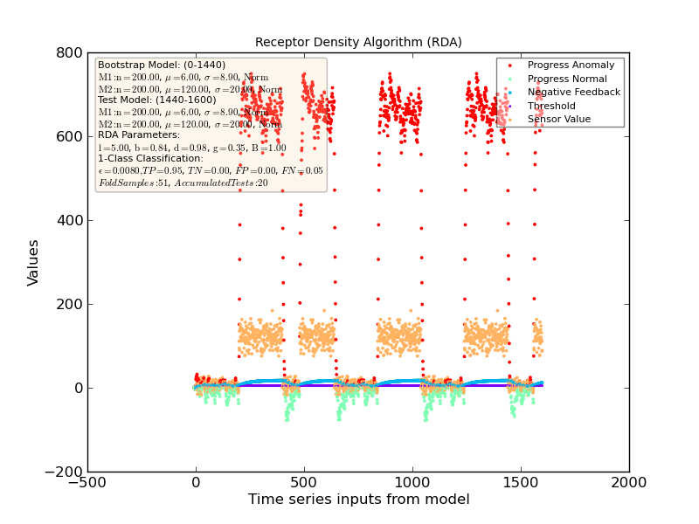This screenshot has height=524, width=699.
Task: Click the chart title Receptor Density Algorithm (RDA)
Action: click(x=358, y=42)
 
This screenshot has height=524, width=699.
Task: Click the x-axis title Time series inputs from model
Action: click(x=358, y=500)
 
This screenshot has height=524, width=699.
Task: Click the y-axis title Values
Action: click(x=33, y=262)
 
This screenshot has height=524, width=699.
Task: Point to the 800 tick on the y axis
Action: click(x=67, y=52)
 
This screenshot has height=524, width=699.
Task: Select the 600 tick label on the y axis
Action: click(x=67, y=136)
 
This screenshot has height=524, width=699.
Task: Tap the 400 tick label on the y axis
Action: click(x=67, y=220)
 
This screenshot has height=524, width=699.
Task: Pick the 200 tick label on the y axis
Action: click(x=67, y=304)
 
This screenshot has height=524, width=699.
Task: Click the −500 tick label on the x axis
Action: click(x=87, y=483)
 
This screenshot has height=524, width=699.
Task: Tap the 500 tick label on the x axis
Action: click(x=304, y=483)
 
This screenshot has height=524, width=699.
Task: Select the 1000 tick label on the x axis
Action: click(x=412, y=483)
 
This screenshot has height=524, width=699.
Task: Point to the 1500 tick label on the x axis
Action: click(x=521, y=483)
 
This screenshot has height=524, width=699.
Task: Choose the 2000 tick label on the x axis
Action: click(x=629, y=483)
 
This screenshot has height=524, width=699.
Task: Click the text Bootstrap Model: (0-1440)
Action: click(x=162, y=65)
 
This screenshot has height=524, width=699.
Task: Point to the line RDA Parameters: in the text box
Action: click(x=139, y=135)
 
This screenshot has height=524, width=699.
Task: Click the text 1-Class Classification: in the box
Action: click(x=150, y=159)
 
